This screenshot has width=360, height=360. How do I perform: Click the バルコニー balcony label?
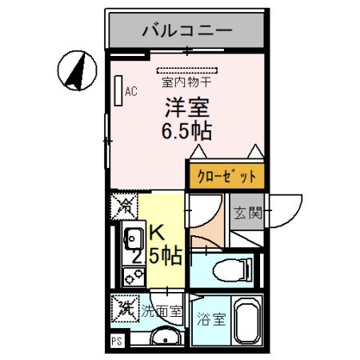(x=186, y=31)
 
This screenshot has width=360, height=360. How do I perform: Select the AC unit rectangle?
(x=118, y=90)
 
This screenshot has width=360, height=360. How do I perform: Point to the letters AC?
(x=130, y=91)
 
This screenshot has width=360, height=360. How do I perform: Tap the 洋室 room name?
(x=186, y=106)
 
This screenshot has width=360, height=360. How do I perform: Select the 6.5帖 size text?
(x=186, y=131)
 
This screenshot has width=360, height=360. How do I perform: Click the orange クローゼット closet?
(x=225, y=175)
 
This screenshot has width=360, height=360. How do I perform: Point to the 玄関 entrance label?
(x=247, y=213)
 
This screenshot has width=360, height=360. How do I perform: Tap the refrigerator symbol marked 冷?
(x=124, y=206)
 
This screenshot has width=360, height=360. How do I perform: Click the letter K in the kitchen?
(x=157, y=233)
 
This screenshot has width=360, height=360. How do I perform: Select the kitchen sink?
(x=131, y=238)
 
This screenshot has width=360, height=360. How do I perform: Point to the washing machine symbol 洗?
(x=124, y=306)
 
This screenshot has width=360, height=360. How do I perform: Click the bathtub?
(x=247, y=323)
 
